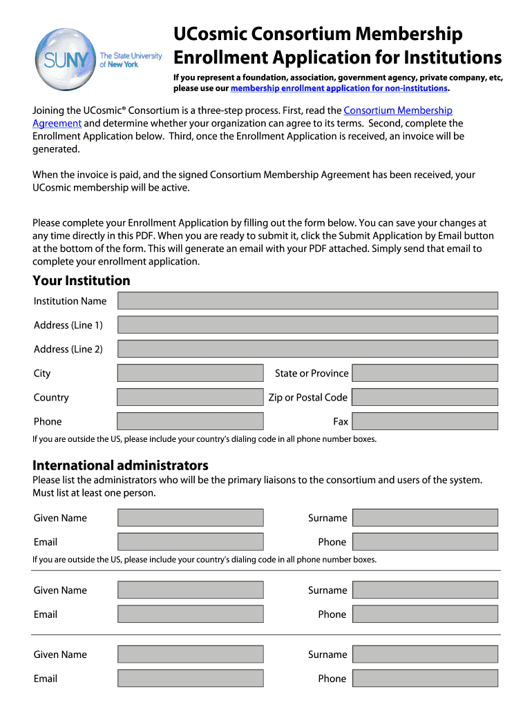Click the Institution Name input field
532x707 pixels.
(x=307, y=300)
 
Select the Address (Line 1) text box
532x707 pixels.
(x=307, y=325)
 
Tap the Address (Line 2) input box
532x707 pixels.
(x=307, y=349)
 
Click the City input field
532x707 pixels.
(x=190, y=373)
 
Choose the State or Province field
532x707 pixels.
(x=424, y=373)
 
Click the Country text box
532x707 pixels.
(x=190, y=397)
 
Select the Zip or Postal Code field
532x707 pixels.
(x=424, y=397)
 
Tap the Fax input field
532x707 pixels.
(x=424, y=421)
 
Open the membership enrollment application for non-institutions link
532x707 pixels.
(x=339, y=88)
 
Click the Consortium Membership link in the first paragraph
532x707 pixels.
(x=398, y=110)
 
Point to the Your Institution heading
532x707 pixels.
(x=82, y=280)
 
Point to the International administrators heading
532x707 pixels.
(x=120, y=465)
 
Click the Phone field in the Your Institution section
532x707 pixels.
(x=190, y=421)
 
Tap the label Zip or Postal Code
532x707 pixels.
(x=307, y=397)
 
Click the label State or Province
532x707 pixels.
(x=312, y=373)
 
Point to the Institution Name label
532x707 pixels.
(x=70, y=300)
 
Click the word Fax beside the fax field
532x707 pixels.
(x=341, y=421)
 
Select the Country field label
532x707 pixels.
(x=51, y=397)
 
